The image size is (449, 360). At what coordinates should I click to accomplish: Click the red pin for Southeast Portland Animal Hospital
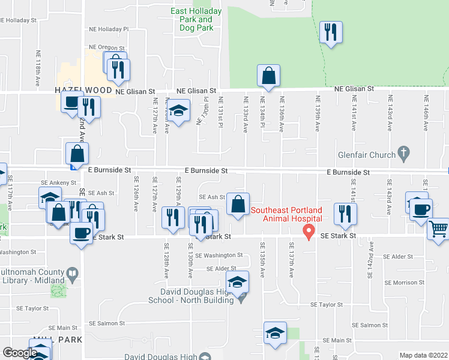(x=309, y=232)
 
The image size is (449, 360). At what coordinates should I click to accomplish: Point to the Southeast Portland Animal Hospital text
(x=286, y=214)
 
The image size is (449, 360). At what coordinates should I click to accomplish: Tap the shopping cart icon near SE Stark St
(x=439, y=229)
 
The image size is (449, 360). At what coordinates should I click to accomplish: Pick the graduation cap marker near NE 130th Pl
(x=178, y=112)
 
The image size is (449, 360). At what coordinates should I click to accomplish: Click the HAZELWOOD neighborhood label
(x=83, y=90)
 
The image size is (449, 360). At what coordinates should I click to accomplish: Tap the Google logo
(x=20, y=353)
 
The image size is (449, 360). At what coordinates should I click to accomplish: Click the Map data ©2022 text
(x=424, y=355)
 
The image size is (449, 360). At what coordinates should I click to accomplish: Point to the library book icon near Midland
(x=73, y=275)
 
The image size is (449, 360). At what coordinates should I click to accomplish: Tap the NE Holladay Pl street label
(x=109, y=29)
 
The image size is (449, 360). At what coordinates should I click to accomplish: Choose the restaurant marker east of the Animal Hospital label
(x=345, y=214)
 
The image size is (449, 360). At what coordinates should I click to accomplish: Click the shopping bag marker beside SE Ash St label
(x=239, y=205)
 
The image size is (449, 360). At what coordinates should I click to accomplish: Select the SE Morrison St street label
(x=405, y=282)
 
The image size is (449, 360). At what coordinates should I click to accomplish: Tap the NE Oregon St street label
(x=106, y=47)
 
